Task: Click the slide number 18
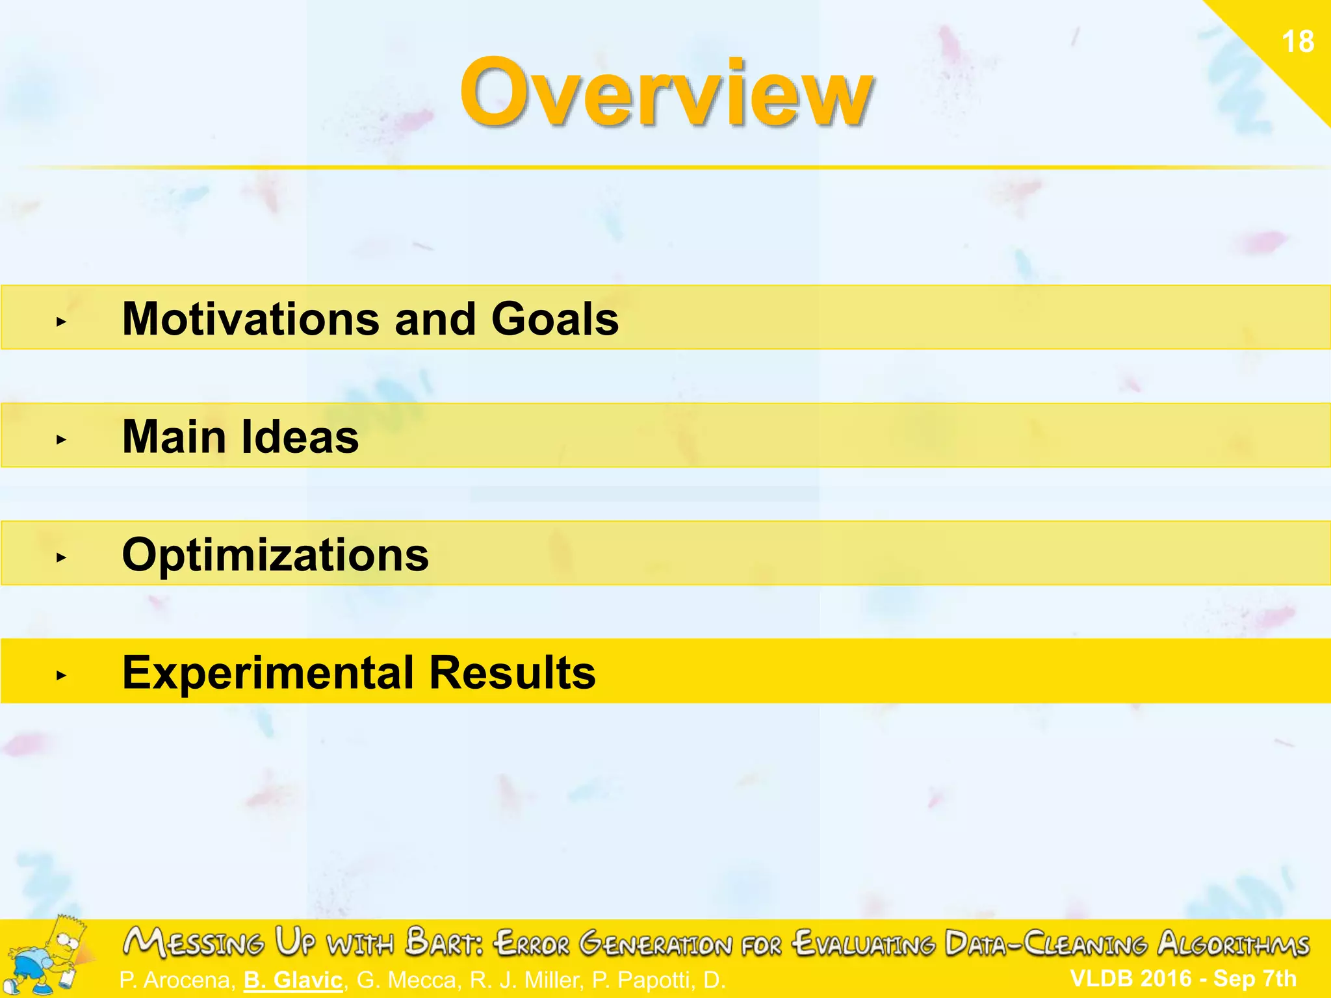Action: point(1297,42)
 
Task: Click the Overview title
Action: point(666,93)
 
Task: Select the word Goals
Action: point(555,319)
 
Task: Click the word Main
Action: point(174,437)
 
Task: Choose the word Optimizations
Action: point(276,555)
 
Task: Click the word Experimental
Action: point(268,672)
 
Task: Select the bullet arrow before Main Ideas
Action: point(61,440)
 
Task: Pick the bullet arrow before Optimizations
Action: point(61,557)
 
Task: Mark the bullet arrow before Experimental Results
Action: point(61,676)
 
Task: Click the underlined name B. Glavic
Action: point(293,980)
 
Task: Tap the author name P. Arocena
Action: point(177,980)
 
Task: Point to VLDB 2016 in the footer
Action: point(1131,978)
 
